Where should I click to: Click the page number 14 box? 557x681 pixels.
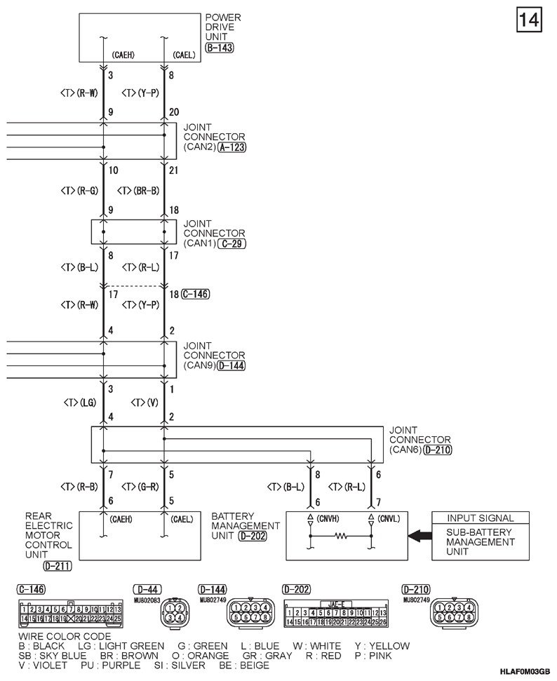[529, 20]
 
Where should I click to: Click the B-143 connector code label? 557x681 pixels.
[219, 48]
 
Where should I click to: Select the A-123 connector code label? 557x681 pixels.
[232, 148]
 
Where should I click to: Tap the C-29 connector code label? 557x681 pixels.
[232, 243]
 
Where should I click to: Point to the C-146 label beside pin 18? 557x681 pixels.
[195, 294]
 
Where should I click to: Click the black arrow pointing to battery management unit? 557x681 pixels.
[420, 536]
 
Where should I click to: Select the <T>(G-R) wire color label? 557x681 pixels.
[141, 486]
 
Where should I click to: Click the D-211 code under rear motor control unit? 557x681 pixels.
[57, 565]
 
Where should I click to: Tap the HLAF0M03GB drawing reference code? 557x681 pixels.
[525, 672]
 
